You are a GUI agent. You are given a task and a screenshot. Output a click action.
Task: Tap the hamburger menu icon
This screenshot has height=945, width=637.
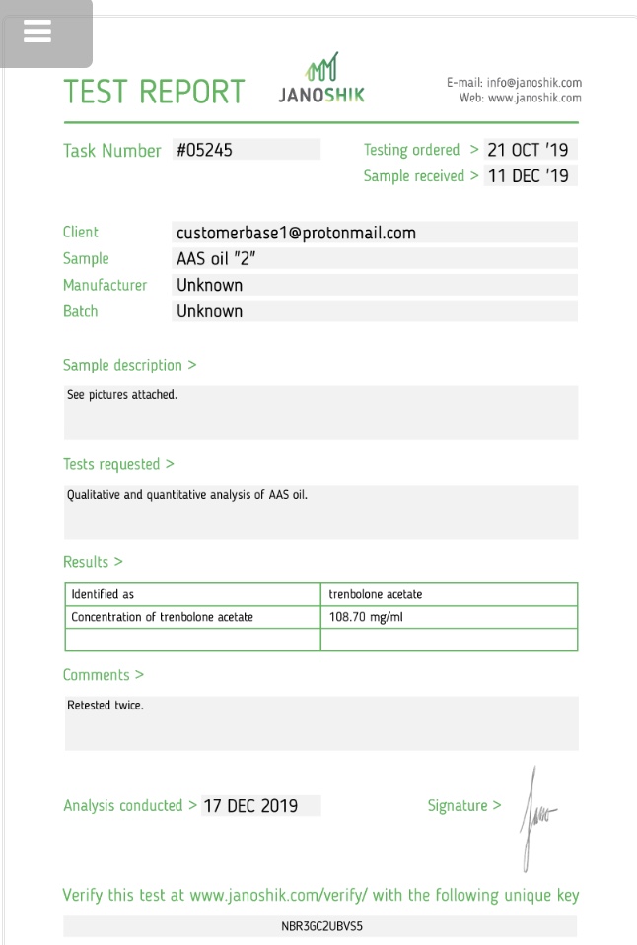tap(37, 33)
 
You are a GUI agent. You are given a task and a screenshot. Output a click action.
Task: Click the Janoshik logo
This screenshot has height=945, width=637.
tap(321, 80)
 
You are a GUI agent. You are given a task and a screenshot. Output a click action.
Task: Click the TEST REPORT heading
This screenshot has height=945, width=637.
tap(154, 92)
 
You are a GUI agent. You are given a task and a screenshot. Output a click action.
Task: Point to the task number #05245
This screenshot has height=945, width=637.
tap(205, 151)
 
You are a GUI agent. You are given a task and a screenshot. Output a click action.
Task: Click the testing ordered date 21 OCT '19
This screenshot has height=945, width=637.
tap(528, 151)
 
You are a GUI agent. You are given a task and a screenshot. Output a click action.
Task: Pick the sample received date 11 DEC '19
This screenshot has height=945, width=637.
tap(528, 177)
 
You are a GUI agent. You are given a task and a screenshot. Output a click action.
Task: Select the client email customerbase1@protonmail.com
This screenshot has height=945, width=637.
tap(296, 234)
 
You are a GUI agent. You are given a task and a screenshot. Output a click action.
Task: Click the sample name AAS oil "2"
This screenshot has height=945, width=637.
tap(218, 259)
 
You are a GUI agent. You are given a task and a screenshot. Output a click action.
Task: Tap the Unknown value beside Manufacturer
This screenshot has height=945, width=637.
tap(209, 285)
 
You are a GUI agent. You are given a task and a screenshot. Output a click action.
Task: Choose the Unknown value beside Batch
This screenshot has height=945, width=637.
tap(209, 311)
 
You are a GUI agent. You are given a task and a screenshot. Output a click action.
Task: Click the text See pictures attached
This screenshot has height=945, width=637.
tap(122, 395)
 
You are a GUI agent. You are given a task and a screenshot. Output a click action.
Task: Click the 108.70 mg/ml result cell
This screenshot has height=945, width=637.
tap(367, 617)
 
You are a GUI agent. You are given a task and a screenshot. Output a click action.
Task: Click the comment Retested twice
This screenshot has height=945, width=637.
tap(106, 706)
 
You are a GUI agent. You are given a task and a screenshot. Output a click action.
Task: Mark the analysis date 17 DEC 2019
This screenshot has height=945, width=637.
tap(250, 806)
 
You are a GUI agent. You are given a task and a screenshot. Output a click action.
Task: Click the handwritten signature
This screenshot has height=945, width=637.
tap(536, 816)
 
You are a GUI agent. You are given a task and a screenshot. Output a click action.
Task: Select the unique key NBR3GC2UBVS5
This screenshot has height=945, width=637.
tap(321, 926)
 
